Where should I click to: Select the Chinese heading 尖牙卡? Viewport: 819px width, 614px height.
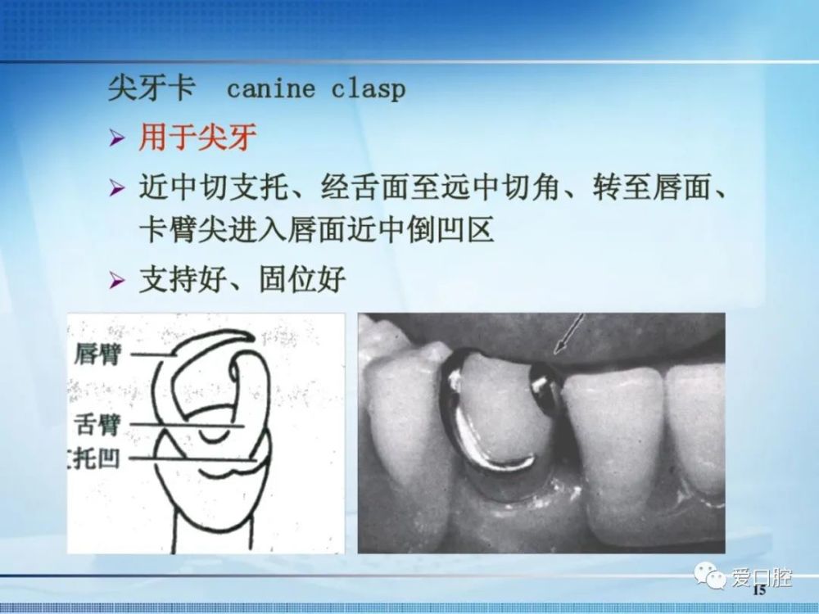coord(152,88)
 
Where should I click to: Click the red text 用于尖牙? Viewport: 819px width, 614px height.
coord(197,138)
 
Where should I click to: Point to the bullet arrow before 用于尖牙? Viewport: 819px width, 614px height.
coord(117,138)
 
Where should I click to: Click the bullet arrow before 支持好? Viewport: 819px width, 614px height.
coord(117,280)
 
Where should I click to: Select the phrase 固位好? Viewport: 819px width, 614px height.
coord(303,279)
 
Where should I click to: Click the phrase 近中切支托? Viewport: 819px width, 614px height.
coord(213,187)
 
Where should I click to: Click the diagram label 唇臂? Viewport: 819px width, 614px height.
coord(98,354)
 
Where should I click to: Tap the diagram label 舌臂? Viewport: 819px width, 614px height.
coord(98,423)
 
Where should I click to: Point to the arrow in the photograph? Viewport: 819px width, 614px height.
coord(569,334)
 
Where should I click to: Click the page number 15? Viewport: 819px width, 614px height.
coord(759,590)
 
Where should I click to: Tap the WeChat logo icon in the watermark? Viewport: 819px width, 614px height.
coord(710,575)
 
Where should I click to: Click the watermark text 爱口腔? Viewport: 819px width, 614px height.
coord(761,577)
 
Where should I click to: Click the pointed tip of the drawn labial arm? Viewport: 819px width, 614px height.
coord(253,338)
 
